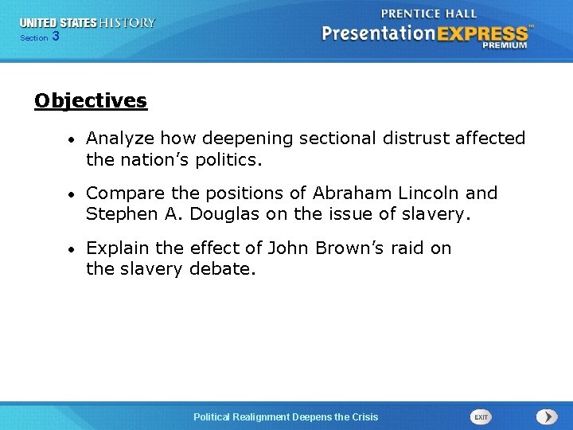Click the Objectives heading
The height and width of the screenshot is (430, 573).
coord(91,101)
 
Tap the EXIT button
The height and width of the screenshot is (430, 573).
coord(481,416)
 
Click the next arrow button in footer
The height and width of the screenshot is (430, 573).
coord(547,416)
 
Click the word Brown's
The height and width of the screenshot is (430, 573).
coord(351,248)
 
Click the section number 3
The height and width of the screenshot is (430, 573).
coord(55,37)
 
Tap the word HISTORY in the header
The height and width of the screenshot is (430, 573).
coord(127,23)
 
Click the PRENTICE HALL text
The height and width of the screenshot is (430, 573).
coord(429,14)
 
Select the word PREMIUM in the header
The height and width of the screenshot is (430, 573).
coord(504,45)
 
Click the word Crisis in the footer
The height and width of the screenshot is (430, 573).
coord(363,417)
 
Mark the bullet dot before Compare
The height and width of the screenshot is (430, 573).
coord(72,194)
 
